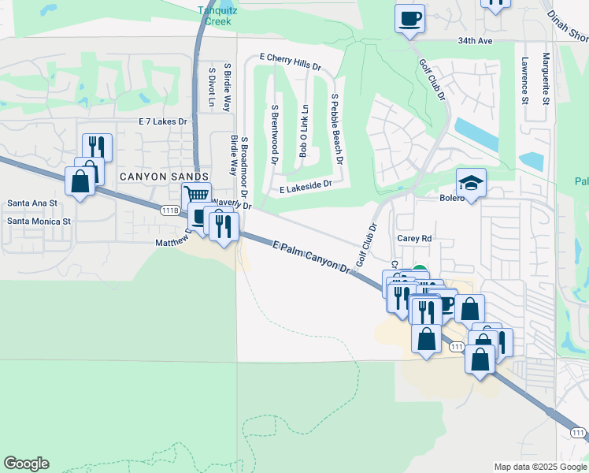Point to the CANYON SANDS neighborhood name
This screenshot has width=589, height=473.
164,177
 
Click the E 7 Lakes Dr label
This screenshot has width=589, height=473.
162,121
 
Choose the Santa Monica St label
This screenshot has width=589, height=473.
39,222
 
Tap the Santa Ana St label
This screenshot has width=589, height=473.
32,203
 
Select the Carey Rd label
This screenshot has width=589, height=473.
414,237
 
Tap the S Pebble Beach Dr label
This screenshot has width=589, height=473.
337,128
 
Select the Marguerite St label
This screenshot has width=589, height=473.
545,79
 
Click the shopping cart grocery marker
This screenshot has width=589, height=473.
197,194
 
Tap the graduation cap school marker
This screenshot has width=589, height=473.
471,183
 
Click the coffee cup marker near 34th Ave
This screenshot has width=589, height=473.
409,17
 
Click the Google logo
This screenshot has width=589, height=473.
26,464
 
